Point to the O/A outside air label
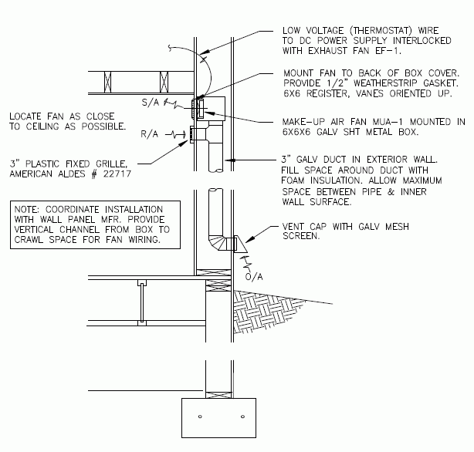[x=252, y=275]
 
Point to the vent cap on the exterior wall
[x=240, y=245]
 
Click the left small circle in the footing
[x=200, y=417]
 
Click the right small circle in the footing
[x=242, y=417]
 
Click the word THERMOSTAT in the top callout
[x=350, y=32]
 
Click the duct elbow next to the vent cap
[x=218, y=241]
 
